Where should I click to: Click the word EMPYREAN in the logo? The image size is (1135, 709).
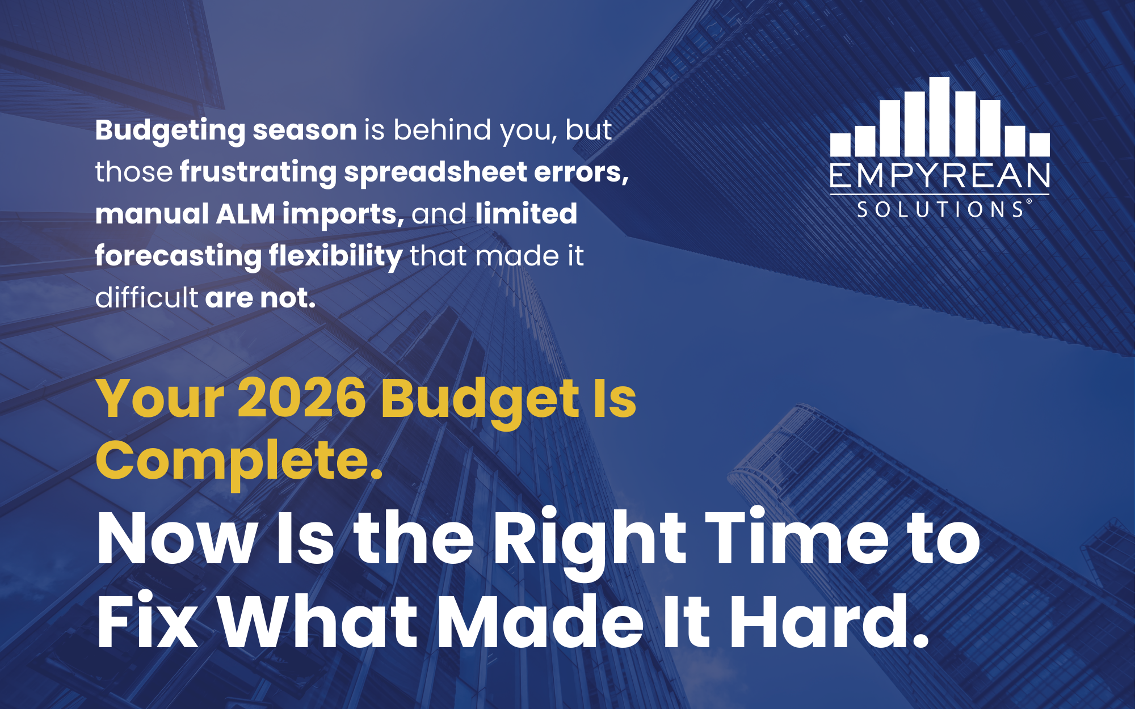pos(940,176)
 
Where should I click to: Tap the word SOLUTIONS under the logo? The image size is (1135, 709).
pos(940,210)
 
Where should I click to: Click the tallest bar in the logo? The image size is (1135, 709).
pos(939,116)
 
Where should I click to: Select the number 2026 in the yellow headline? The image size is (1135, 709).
pos(302,398)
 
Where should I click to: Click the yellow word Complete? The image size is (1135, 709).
pos(239,461)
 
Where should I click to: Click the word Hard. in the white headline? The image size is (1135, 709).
pos(829,621)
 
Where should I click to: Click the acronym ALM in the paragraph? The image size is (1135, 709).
pos(246,214)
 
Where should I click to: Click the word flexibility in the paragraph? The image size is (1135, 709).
pos(335,256)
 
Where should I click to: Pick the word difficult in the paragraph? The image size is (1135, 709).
pos(146,297)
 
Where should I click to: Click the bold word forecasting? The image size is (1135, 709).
pos(178,256)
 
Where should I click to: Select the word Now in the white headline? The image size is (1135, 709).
pos(177,539)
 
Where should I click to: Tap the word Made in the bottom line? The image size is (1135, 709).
pos(541,621)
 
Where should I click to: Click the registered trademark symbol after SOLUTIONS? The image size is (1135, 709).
pos(1029,201)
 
